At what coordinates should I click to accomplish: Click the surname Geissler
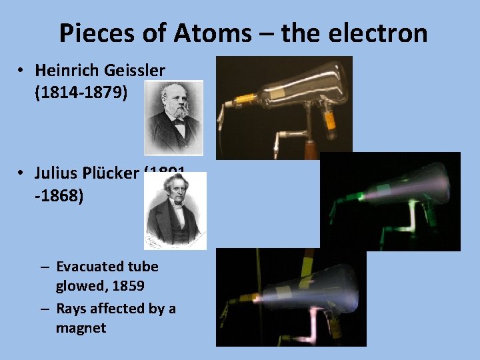[134, 70]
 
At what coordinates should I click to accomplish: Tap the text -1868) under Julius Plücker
[59, 197]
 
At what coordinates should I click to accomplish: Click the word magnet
[81, 328]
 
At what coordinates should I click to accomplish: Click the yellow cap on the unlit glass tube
[247, 101]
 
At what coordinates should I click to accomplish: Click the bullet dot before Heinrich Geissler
[22, 70]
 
